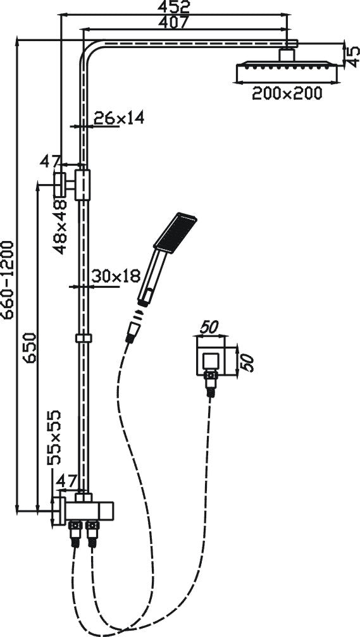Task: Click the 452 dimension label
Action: point(175,6)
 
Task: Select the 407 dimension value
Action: point(173,22)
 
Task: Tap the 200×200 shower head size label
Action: point(287,94)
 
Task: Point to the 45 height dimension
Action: point(353,56)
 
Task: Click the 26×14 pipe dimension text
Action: point(119,118)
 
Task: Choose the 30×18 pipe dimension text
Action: point(116,276)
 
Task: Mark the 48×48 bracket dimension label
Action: point(60,226)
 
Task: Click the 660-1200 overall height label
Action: point(8,280)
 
